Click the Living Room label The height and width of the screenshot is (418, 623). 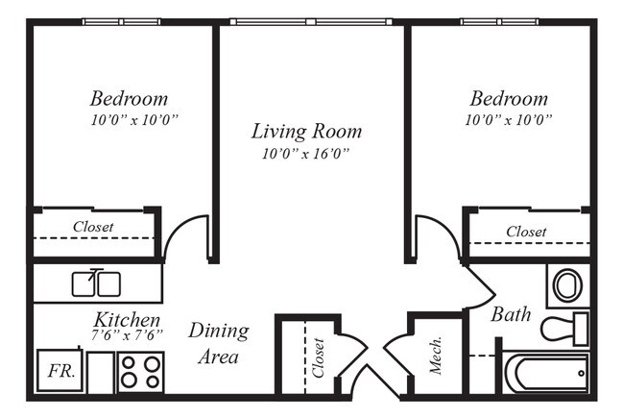[306, 132]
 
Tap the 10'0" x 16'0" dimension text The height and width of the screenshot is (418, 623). [305, 154]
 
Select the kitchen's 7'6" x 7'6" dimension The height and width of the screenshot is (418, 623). [127, 335]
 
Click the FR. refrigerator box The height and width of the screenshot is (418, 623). [60, 371]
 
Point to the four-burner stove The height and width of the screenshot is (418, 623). [141, 372]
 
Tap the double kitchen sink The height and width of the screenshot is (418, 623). [96, 283]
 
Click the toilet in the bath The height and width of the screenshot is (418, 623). [565, 329]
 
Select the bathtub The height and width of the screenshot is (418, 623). [546, 373]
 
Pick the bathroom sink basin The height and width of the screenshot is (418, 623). [568, 285]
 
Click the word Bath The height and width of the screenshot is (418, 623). [511, 314]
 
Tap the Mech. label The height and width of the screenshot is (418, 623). [436, 356]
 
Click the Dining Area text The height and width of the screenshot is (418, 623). [219, 343]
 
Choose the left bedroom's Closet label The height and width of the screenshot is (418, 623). [93, 227]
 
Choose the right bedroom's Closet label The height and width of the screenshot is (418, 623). [526, 232]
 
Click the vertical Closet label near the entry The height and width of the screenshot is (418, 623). [319, 357]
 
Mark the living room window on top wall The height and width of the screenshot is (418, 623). [311, 21]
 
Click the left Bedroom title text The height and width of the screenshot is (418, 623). [129, 99]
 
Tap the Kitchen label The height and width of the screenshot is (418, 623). [127, 320]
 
